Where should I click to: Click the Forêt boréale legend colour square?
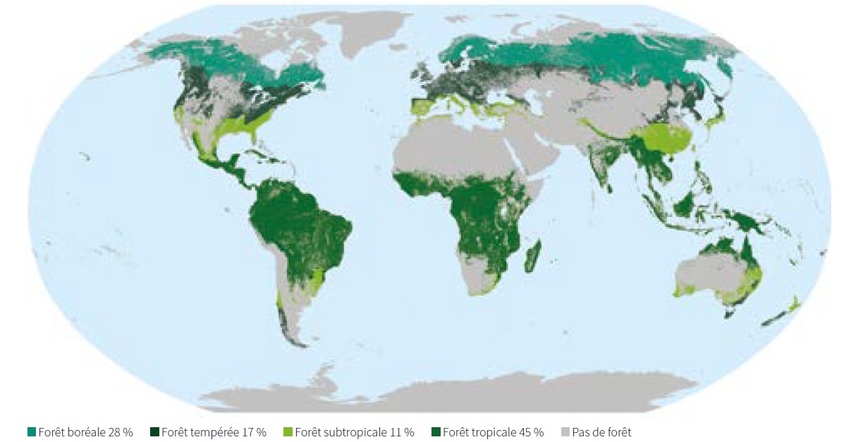point(32,431)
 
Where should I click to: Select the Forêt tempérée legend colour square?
point(154,431)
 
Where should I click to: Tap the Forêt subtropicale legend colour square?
point(288,431)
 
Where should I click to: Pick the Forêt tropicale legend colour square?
point(435,431)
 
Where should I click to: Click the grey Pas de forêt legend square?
point(565,431)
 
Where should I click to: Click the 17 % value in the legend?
point(252,431)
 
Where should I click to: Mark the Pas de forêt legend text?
point(601,431)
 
